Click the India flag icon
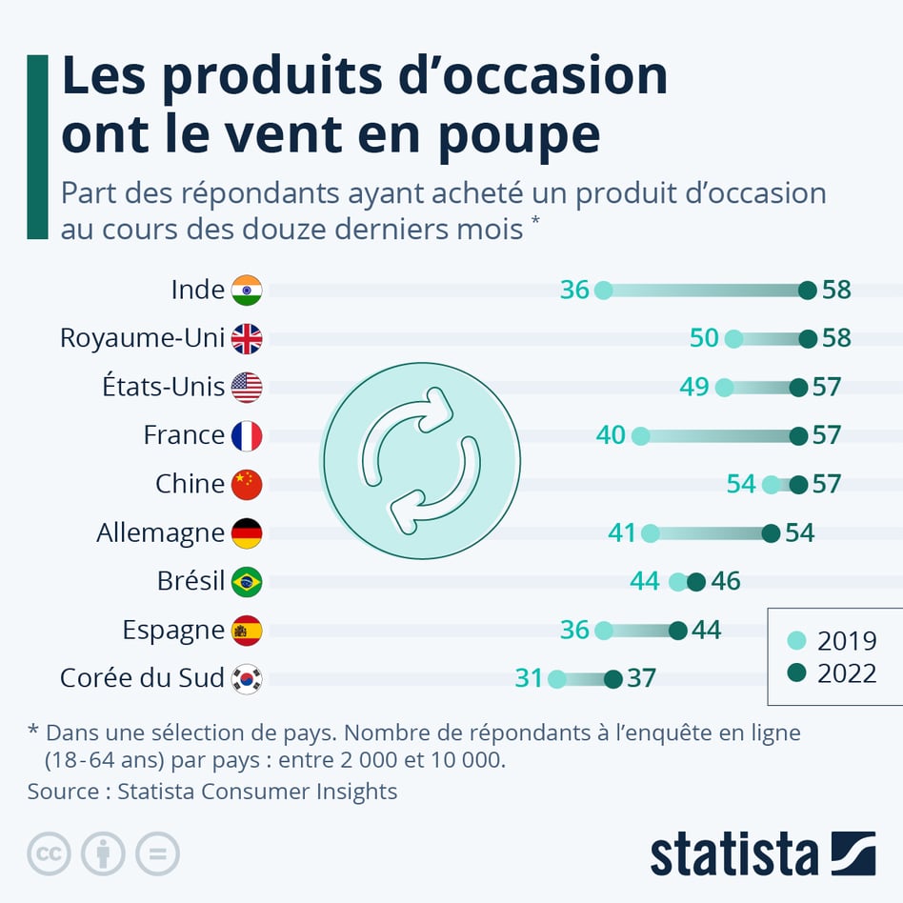[247, 290]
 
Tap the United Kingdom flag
[247, 338]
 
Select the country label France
[184, 435]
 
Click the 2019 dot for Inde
[603, 290]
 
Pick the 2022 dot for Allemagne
[771, 532]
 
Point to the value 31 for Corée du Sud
[529, 678]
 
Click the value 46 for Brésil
[725, 581]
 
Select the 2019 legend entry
[834, 640]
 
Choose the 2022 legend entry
[834, 673]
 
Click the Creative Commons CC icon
[49, 853]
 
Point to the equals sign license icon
[157, 853]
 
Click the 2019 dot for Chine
[771, 484]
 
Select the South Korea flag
[247, 678]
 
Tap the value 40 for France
[611, 435]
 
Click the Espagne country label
[173, 631]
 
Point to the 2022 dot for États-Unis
[798, 387]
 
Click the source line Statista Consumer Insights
[212, 791]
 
